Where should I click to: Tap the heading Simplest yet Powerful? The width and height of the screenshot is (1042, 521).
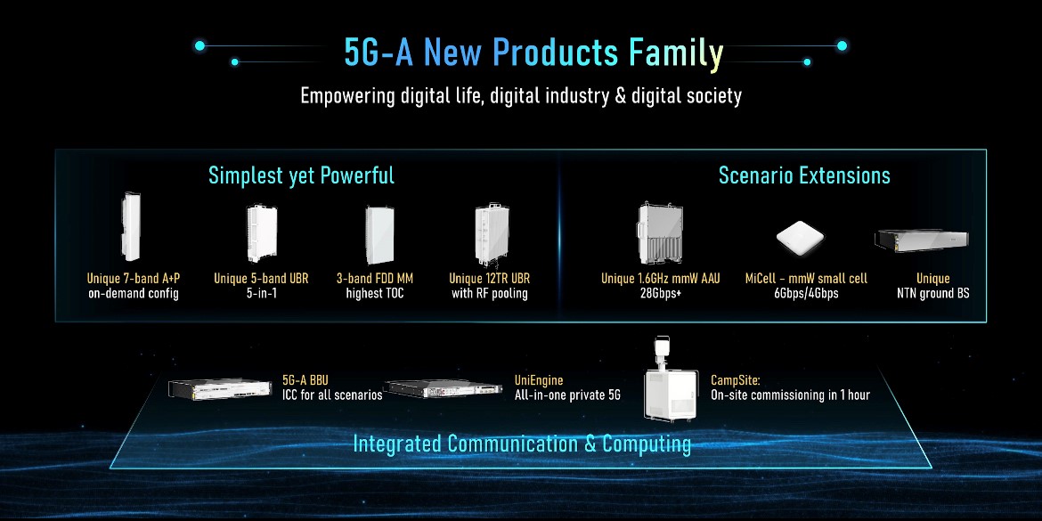pyautogui.click(x=302, y=175)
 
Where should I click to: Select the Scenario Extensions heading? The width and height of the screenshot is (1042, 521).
pyautogui.click(x=804, y=175)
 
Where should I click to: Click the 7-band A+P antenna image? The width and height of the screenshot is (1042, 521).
pyautogui.click(x=130, y=226)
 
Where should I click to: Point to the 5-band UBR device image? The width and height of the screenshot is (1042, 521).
pyautogui.click(x=261, y=233)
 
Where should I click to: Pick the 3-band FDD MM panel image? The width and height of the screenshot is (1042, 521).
pyautogui.click(x=379, y=234)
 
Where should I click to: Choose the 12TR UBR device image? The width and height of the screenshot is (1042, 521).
pyautogui.click(x=492, y=233)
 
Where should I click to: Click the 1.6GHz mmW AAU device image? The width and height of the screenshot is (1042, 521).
pyautogui.click(x=660, y=233)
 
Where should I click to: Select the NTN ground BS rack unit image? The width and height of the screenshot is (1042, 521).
pyautogui.click(x=922, y=240)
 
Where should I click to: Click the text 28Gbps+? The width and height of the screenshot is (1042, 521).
pyautogui.click(x=660, y=293)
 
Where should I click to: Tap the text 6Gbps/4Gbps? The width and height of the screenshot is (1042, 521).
pyautogui.click(x=807, y=293)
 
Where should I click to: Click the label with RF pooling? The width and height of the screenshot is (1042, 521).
pyautogui.click(x=490, y=293)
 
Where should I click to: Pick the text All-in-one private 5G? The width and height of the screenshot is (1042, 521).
pyautogui.click(x=567, y=395)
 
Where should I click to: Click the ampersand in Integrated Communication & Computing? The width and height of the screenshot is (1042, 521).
pyautogui.click(x=590, y=444)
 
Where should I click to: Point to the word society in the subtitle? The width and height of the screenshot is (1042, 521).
pyautogui.click(x=712, y=95)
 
